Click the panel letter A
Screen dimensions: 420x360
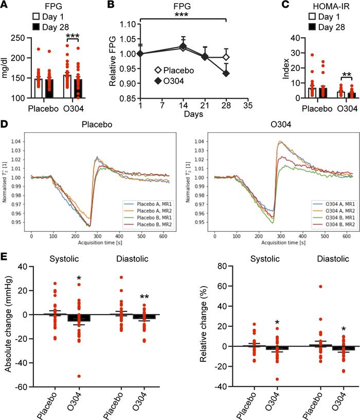pyautogui.click(x=5, y=6)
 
